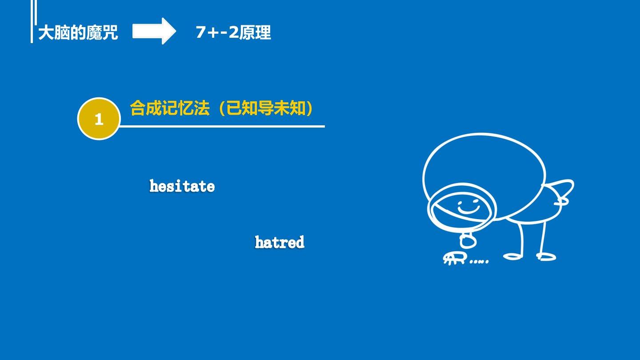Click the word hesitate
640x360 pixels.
(x=182, y=186)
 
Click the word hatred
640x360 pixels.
(x=280, y=242)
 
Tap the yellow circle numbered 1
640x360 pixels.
(x=99, y=119)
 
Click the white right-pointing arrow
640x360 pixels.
(x=154, y=31)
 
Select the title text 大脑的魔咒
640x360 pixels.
(x=78, y=32)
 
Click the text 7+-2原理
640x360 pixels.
(x=233, y=32)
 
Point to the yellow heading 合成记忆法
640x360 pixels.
(x=170, y=108)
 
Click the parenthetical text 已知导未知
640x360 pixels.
(x=266, y=108)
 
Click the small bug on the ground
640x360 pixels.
(x=455, y=258)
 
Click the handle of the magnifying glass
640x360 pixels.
(x=468, y=240)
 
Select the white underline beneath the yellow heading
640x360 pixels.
(x=222, y=126)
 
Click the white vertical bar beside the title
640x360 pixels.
(x=32, y=21)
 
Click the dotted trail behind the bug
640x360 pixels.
(x=479, y=261)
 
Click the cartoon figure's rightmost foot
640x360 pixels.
(x=546, y=256)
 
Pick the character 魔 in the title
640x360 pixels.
(x=94, y=32)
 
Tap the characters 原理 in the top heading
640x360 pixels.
(x=255, y=32)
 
